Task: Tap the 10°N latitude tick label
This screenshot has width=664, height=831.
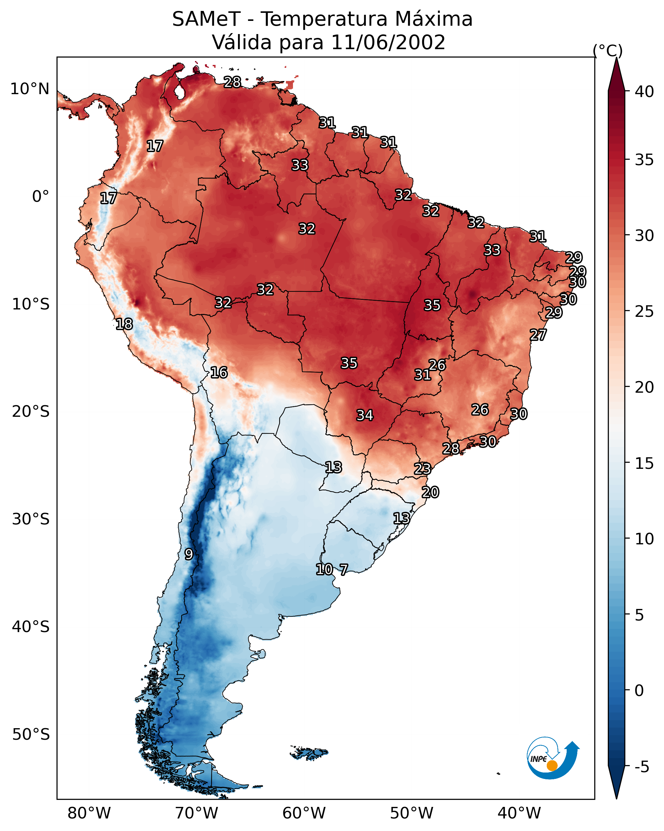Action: (30, 89)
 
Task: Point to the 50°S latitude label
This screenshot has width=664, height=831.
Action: (31, 734)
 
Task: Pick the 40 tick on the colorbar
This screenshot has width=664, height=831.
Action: (644, 92)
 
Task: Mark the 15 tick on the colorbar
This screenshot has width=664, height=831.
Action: (644, 463)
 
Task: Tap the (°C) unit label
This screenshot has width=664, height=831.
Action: (607, 50)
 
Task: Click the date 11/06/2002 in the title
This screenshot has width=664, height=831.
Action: (388, 42)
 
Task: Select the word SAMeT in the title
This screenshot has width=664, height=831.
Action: (206, 19)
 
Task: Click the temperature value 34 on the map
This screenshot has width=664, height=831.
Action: (365, 415)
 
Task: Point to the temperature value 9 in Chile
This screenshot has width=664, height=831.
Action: (189, 554)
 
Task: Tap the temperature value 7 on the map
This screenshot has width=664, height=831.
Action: (343, 569)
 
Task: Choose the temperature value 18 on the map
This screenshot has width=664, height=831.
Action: (124, 324)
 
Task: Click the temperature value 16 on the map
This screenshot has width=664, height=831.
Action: (219, 372)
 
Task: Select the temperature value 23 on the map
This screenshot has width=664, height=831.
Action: (422, 469)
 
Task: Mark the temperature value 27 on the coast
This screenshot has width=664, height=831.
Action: (538, 335)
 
